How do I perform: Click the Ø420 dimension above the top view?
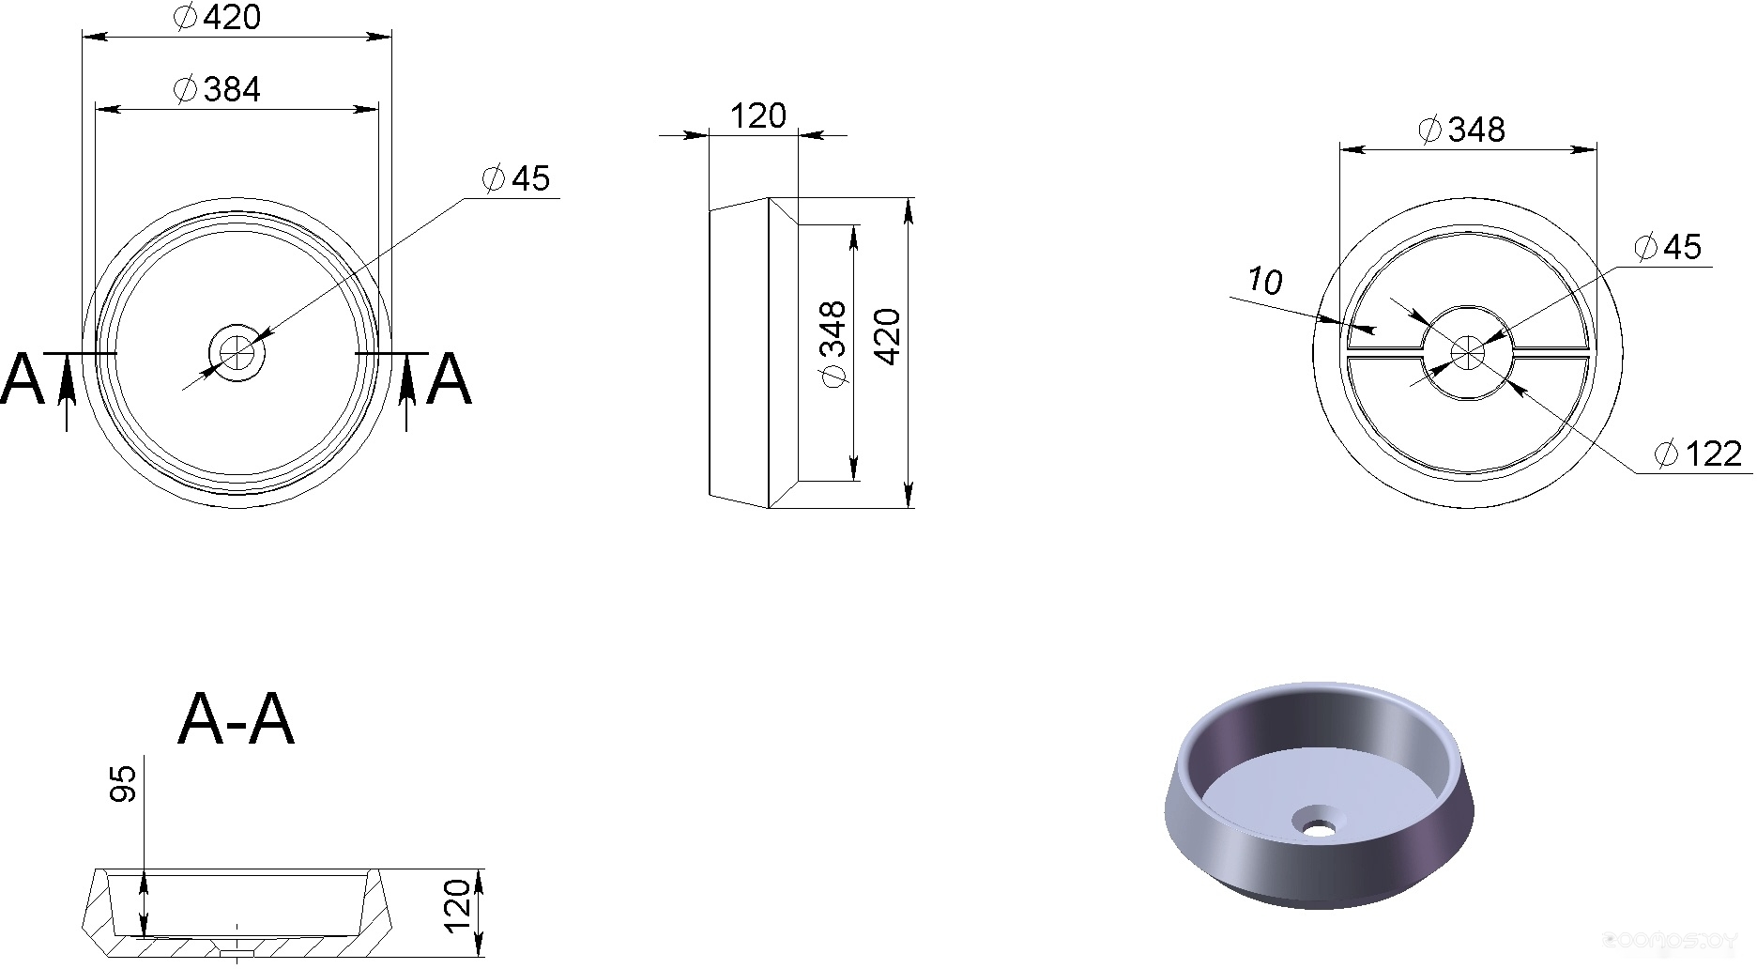[218, 17]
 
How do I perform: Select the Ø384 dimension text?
[218, 89]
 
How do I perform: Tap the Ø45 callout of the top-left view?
[515, 178]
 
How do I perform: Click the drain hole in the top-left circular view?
[237, 353]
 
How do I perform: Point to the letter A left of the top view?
[23, 379]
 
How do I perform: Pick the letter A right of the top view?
[449, 379]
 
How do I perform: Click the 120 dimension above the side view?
[757, 115]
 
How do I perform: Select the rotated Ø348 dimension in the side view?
[833, 343]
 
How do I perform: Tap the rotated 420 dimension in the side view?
[887, 336]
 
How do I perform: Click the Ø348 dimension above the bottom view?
[1462, 130]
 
